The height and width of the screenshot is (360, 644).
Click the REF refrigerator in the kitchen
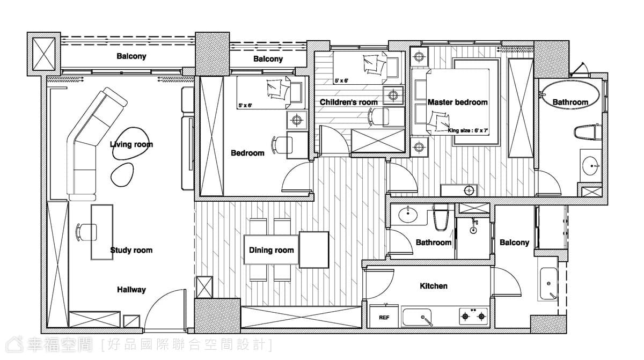point(384,317)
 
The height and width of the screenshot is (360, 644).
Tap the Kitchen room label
point(434,286)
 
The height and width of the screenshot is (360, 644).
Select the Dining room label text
point(272,250)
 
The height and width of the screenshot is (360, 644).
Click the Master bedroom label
point(457,102)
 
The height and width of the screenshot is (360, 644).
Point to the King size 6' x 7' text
point(468,131)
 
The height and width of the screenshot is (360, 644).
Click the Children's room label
point(348,102)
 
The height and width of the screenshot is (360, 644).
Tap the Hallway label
point(131,290)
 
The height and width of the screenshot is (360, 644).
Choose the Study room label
point(131,250)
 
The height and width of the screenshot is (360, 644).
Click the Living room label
point(131,144)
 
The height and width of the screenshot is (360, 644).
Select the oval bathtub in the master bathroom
point(570,95)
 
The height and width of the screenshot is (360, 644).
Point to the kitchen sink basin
point(416,317)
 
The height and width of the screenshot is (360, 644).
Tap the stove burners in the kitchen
point(473,317)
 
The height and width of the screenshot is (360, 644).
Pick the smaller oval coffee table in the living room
point(122,175)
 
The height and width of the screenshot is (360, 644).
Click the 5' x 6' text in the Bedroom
point(245,106)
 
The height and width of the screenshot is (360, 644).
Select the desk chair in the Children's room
point(379,116)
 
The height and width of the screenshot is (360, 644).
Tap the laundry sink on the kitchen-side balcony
point(548,284)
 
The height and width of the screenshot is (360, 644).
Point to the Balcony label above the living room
point(131,56)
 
